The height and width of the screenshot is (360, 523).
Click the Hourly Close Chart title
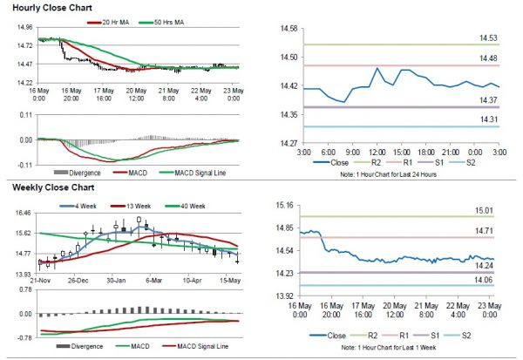point(47,9)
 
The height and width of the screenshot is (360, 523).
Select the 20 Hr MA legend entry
point(112,21)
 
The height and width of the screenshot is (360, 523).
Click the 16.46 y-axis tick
point(24,213)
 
